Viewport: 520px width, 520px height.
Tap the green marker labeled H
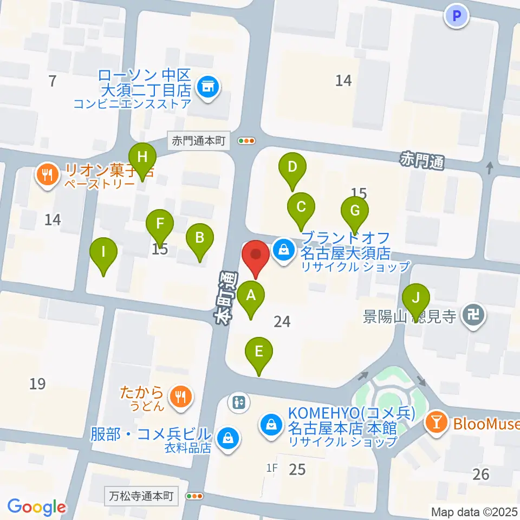click(142, 158)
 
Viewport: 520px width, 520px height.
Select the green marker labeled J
click(415, 298)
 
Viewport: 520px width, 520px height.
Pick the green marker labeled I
click(103, 252)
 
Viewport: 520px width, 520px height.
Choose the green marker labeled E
click(259, 352)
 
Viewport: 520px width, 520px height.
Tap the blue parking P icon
click(456, 16)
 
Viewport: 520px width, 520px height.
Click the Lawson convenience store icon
click(207, 85)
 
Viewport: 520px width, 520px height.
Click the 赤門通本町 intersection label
click(198, 141)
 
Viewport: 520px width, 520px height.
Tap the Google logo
click(37, 508)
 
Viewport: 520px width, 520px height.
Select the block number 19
click(37, 385)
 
